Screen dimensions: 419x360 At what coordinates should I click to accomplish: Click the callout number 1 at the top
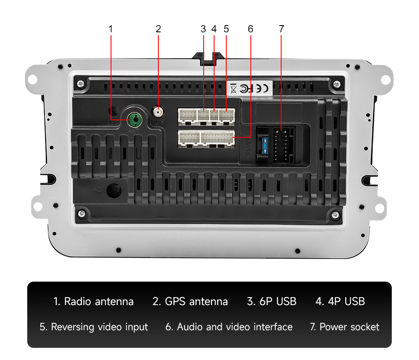tap(111, 29)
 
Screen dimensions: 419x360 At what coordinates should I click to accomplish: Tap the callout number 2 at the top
tap(158, 29)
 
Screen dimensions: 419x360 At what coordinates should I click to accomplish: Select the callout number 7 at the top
tap(281, 29)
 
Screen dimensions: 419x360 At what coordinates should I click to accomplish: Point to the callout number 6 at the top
tap(251, 29)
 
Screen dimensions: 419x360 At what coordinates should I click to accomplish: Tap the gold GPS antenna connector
tap(158, 112)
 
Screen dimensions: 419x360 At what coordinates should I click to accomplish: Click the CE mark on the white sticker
tap(264, 88)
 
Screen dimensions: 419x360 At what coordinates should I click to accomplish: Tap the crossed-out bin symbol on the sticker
tap(233, 88)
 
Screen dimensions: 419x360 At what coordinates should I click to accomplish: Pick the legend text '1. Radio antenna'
tap(93, 301)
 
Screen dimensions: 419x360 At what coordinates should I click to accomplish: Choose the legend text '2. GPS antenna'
tap(190, 301)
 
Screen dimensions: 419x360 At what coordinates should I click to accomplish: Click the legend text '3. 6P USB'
tap(272, 301)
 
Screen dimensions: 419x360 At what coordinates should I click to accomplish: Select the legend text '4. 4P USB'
tap(340, 301)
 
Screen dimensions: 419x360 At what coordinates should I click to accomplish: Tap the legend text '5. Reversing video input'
tap(94, 327)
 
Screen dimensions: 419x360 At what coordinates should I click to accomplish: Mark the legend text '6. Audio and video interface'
tap(229, 327)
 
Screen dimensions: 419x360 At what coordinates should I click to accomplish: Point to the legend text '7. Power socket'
tap(344, 327)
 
